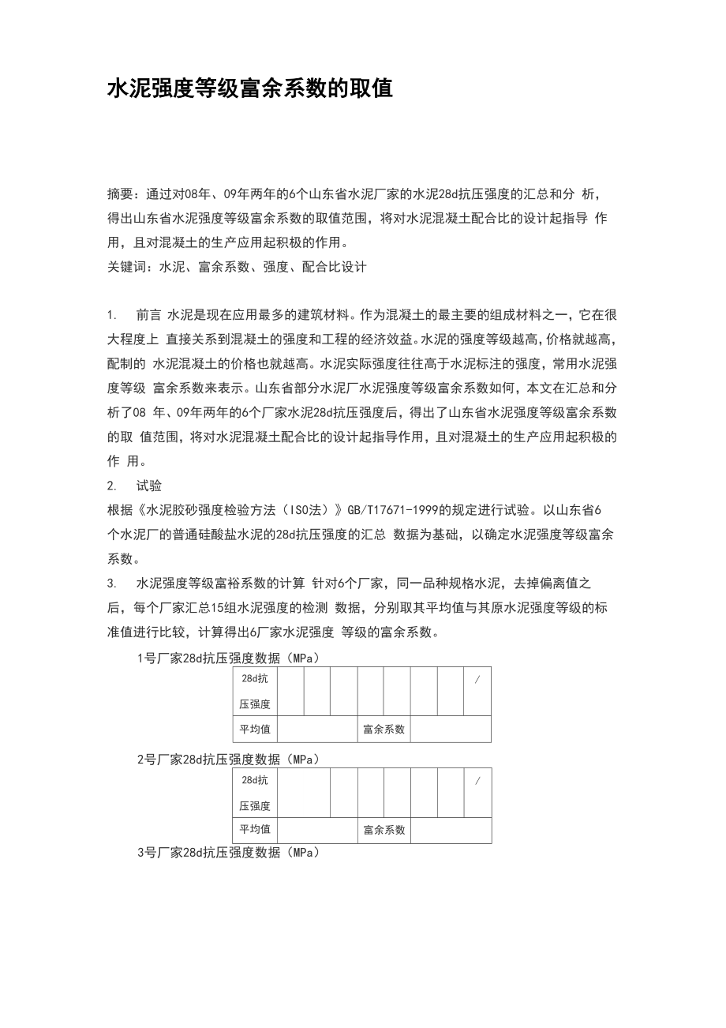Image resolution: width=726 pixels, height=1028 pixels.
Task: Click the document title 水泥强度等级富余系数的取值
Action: [250, 88]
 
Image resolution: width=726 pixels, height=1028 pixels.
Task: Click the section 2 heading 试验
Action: [149, 486]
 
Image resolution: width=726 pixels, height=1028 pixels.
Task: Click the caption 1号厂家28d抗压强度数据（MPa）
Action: [229, 658]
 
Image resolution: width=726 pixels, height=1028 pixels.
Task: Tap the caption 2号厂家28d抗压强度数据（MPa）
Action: [229, 759]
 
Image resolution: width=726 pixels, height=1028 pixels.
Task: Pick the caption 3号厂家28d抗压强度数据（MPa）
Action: [229, 853]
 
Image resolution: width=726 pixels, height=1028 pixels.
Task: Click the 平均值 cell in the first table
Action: [255, 730]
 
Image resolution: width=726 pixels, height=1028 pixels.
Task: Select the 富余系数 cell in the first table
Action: [384, 730]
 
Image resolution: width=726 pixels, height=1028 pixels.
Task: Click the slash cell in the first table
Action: [477, 679]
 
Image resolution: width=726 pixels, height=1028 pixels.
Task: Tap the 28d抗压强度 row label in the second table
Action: [255, 793]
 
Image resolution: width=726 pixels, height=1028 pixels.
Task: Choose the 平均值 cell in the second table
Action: [255, 830]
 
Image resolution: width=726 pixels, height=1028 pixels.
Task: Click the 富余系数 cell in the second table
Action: [384, 830]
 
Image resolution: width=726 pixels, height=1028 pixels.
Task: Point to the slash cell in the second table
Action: [477, 780]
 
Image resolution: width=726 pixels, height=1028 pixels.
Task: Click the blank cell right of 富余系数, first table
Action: [450, 730]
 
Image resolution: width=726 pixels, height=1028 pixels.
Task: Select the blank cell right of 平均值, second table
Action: [317, 830]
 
